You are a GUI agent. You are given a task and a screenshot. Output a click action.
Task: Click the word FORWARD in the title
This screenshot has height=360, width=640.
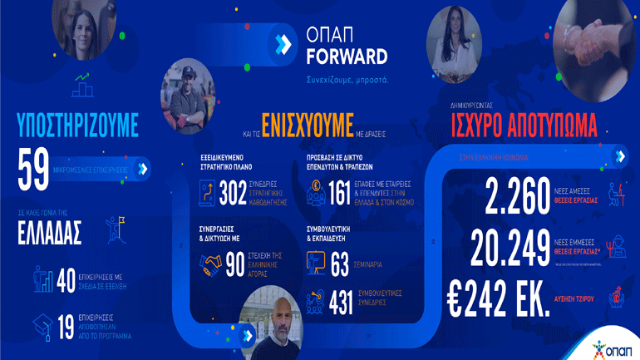click(x=346, y=57)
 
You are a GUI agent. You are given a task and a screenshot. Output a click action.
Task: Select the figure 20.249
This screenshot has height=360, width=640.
click(x=510, y=246)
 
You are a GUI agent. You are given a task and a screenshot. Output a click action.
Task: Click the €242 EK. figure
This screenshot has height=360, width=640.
click(x=498, y=294)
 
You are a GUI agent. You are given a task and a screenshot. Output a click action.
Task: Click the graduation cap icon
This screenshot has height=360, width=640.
click(x=43, y=323)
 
